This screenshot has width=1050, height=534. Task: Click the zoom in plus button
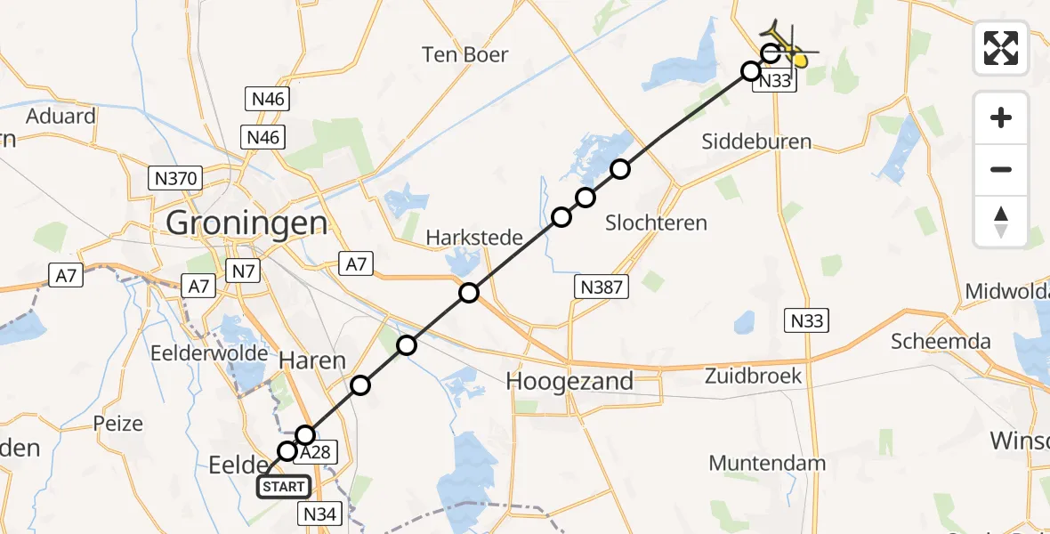point(1001,117)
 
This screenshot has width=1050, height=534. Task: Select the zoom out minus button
point(1001,169)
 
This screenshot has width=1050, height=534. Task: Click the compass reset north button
point(1001,221)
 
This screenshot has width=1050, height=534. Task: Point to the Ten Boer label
point(465,55)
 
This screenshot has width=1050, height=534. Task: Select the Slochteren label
point(656,223)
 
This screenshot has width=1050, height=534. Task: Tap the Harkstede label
point(466,238)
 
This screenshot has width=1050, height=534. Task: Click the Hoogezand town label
point(569,382)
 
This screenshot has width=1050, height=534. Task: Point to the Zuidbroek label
point(755,376)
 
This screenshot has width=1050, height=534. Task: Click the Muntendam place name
point(767,463)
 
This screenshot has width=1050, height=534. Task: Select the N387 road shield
point(602,286)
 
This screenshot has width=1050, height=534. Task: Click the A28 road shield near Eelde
point(314,452)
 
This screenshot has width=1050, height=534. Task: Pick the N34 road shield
point(321,513)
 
